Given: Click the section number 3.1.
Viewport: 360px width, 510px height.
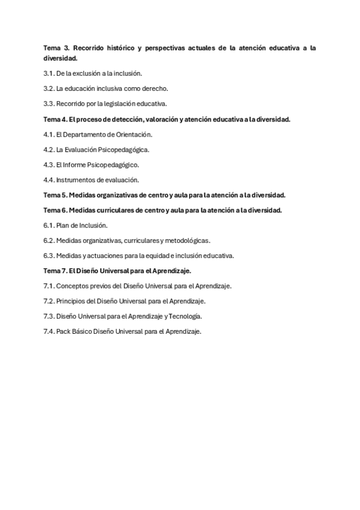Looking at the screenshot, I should (x=49, y=73).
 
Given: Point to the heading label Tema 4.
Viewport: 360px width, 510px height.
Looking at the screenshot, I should (x=55, y=119).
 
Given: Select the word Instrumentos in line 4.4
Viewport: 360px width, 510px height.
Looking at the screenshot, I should (x=75, y=180).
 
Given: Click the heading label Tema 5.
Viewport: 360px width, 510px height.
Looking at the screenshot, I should (x=55, y=195).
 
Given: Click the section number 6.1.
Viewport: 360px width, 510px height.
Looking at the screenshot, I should (x=49, y=226).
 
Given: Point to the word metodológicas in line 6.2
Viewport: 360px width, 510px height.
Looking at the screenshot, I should (x=189, y=241).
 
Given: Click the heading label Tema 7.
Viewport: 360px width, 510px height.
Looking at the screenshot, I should (x=55, y=271).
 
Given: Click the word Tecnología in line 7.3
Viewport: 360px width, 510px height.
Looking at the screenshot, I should (x=185, y=316).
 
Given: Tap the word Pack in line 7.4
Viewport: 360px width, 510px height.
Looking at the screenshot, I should (x=63, y=331).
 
